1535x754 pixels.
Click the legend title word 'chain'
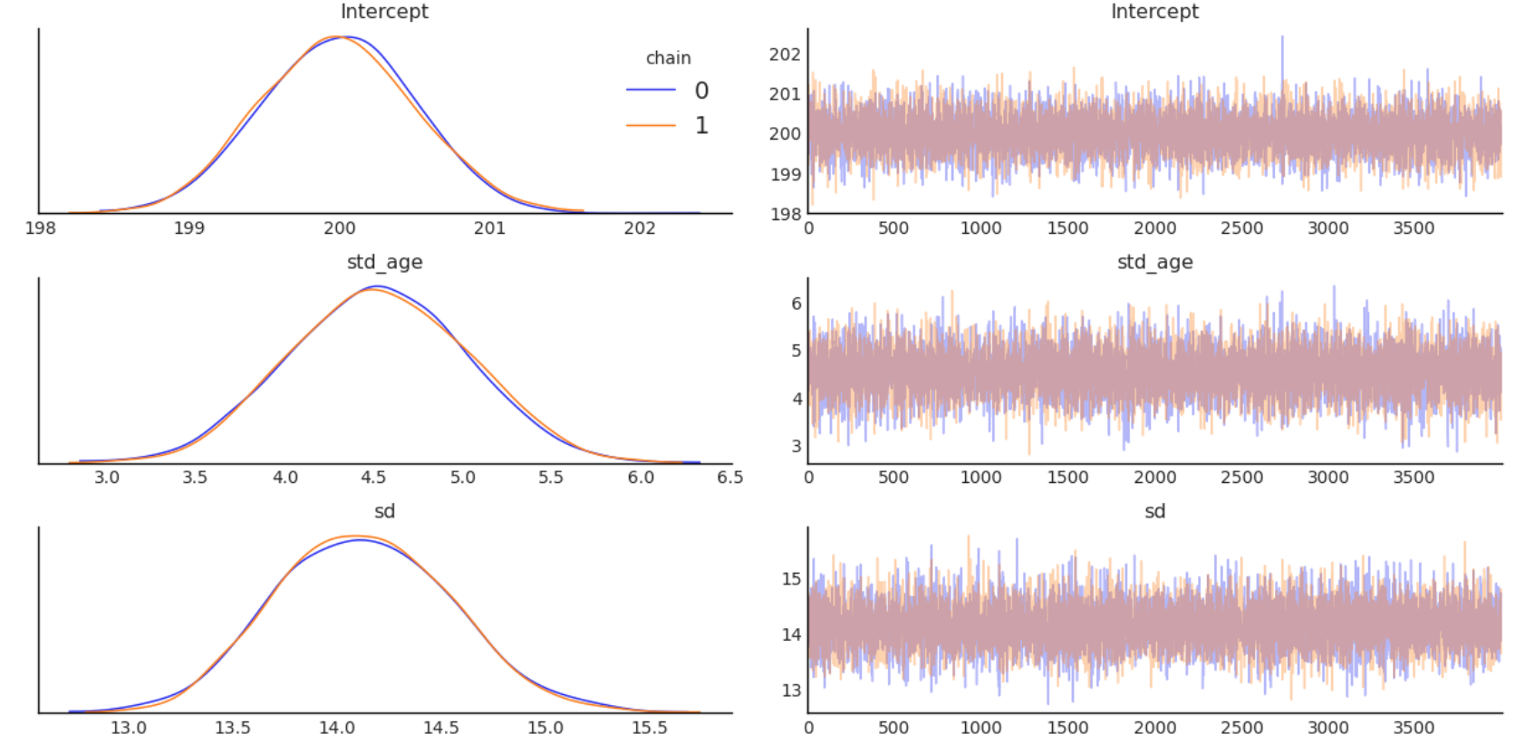pyautogui.click(x=668, y=58)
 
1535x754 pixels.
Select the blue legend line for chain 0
pyautogui.click(x=651, y=90)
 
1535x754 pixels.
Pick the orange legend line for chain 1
pyautogui.click(x=651, y=125)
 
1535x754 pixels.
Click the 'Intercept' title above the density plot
pyautogui.click(x=384, y=12)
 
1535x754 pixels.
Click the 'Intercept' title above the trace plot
pyautogui.click(x=1154, y=12)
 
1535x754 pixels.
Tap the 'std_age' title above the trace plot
pyautogui.click(x=1154, y=262)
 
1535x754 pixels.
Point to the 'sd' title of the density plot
pyautogui.click(x=384, y=511)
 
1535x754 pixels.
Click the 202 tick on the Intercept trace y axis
pyautogui.click(x=785, y=54)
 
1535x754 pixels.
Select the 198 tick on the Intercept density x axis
pyautogui.click(x=40, y=227)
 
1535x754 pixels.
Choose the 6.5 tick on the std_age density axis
pyautogui.click(x=729, y=478)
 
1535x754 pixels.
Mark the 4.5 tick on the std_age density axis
pyautogui.click(x=372, y=478)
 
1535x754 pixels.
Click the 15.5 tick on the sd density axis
pyautogui.click(x=649, y=728)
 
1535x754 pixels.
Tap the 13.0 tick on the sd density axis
pyautogui.click(x=129, y=728)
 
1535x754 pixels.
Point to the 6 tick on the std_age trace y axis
pyautogui.click(x=796, y=304)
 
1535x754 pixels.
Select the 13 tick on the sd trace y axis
pyautogui.click(x=792, y=691)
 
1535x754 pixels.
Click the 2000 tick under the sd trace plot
pyautogui.click(x=1154, y=728)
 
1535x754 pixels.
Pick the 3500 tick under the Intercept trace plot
pyautogui.click(x=1414, y=228)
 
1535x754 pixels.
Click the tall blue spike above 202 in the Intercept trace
pyautogui.click(x=1282, y=41)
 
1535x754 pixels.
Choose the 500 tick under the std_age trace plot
pyautogui.click(x=893, y=478)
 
